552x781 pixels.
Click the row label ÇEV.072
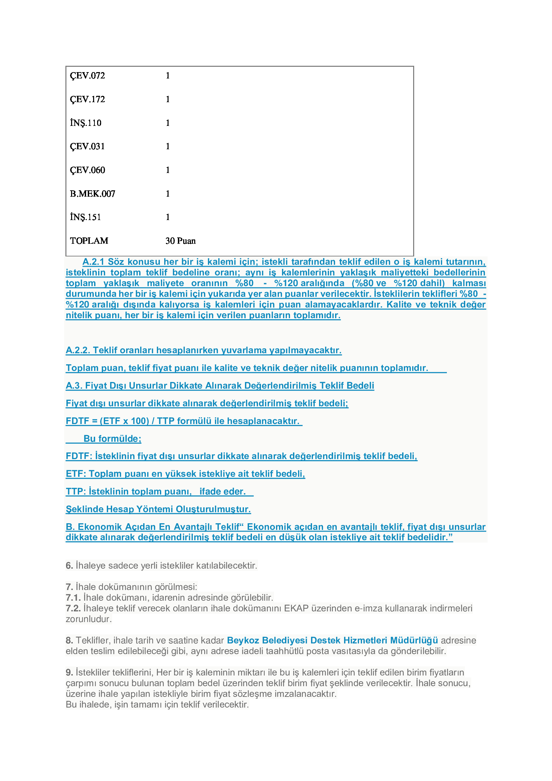point(87,75)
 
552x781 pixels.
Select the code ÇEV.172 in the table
point(87,99)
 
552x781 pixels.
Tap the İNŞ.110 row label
point(86,123)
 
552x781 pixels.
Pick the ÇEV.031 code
point(87,147)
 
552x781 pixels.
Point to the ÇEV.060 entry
point(87,170)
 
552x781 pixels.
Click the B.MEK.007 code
point(92,194)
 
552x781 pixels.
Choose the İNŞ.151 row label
point(86,217)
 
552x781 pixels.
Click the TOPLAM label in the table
point(89,241)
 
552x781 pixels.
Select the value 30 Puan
point(181,241)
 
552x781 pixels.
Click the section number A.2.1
point(93,261)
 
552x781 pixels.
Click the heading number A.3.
point(74,385)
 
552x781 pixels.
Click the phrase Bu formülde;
point(112,438)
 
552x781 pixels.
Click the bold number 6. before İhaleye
point(69,565)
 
